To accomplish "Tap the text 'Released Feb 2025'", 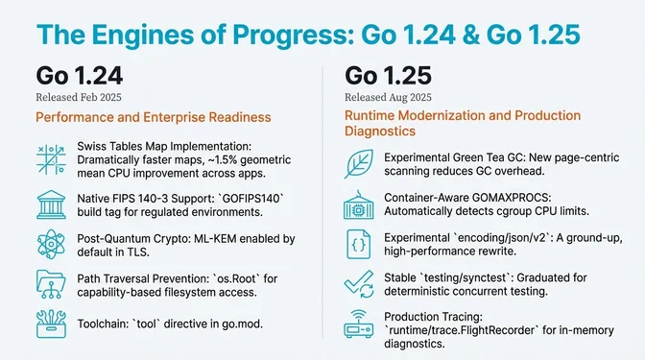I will (80, 97).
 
